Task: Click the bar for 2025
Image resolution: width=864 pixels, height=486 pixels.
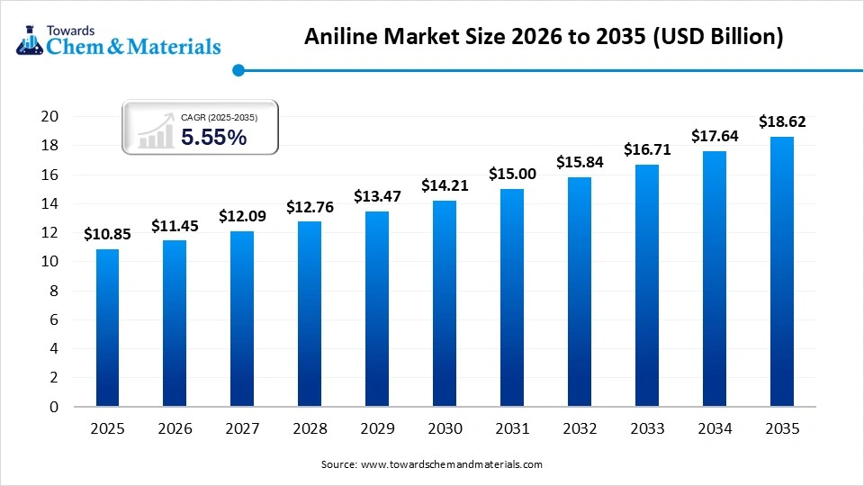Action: click(x=107, y=328)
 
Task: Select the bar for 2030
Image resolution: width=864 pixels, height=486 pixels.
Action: click(x=445, y=303)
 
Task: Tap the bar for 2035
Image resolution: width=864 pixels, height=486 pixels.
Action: click(x=782, y=272)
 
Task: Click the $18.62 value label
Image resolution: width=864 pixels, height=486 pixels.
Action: click(x=782, y=121)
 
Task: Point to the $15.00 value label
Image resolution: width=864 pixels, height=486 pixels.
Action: click(x=512, y=174)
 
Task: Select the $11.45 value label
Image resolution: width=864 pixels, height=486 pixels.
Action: click(x=175, y=225)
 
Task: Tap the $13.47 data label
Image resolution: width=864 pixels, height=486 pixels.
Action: click(x=377, y=195)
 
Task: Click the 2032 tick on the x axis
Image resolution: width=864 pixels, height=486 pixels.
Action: click(x=580, y=429)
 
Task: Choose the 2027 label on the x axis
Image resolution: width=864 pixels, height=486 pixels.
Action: click(x=242, y=429)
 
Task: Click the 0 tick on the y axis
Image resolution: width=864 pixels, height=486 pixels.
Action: click(x=54, y=407)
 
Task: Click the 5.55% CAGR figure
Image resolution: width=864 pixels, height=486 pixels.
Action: click(x=213, y=138)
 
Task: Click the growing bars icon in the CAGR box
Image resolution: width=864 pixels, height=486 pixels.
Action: click(x=156, y=130)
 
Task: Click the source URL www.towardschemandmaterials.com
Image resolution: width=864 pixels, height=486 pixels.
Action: click(x=451, y=464)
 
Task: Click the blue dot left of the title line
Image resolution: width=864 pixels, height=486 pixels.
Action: click(x=238, y=69)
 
